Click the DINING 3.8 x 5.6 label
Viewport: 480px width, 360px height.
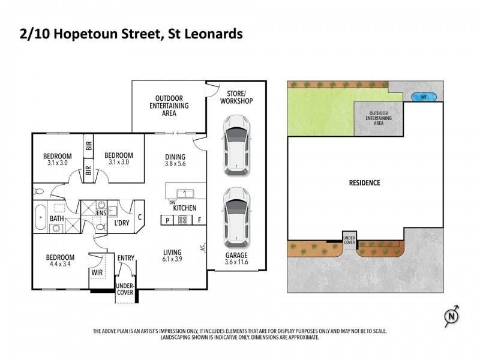pos(176,161)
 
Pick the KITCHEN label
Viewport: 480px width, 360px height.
pos(185,208)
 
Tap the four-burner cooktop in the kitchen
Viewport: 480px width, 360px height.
pos(182,220)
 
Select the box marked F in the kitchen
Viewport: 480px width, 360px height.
pos(199,220)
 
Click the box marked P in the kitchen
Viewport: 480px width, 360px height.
pos(166,220)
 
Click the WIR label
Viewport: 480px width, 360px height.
pos(96,272)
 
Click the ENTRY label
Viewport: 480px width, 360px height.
pos(126,259)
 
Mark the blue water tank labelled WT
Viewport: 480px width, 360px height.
pos(424,97)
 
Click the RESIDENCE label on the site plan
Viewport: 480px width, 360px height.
pos(365,183)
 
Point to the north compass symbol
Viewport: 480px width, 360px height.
pos(453,314)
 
